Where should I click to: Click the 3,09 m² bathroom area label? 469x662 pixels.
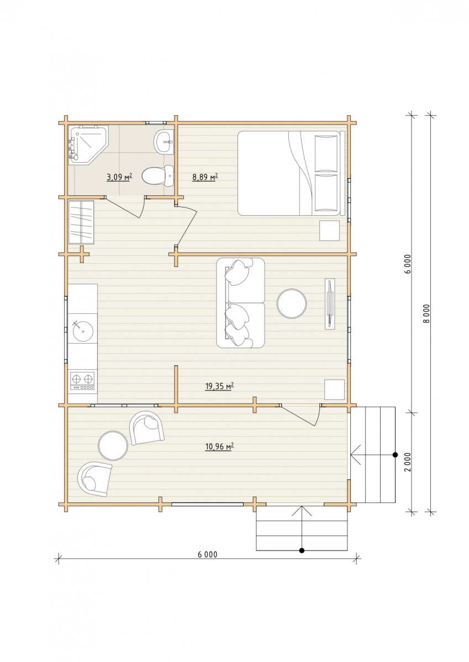click(x=119, y=177)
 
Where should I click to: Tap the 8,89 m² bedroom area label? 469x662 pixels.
click(x=205, y=177)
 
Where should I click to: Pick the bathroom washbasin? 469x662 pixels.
click(x=164, y=142)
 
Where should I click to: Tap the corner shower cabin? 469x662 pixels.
click(x=88, y=145)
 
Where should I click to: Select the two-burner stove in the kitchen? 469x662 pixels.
click(x=82, y=381)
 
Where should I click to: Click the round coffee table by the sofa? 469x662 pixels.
click(x=292, y=303)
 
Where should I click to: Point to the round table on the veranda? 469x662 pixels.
click(x=113, y=446)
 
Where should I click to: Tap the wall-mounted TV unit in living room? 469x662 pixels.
click(x=330, y=303)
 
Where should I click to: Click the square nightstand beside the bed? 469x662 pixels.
click(x=329, y=231)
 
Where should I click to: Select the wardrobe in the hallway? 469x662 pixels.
click(x=81, y=222)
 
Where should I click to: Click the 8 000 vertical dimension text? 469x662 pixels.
click(x=426, y=313)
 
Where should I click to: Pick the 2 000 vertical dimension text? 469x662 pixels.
click(x=408, y=462)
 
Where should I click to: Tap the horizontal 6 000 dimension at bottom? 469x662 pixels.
click(x=207, y=554)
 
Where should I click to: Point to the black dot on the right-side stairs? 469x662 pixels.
click(x=395, y=455)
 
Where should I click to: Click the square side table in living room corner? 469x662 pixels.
click(x=334, y=389)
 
